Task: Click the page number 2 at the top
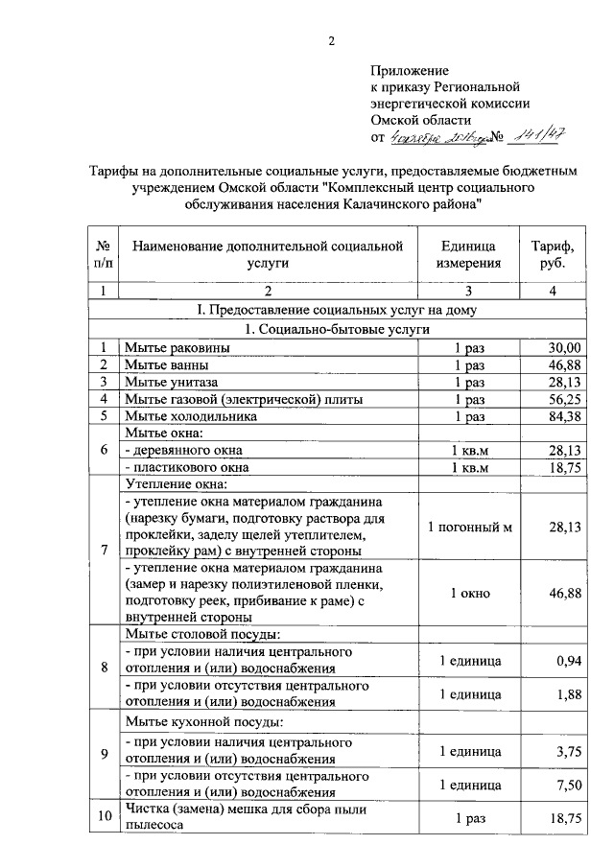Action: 331,40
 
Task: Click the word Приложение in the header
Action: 410,71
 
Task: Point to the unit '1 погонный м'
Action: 469,528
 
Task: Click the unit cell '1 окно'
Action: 469,594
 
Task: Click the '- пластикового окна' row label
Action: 186,468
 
